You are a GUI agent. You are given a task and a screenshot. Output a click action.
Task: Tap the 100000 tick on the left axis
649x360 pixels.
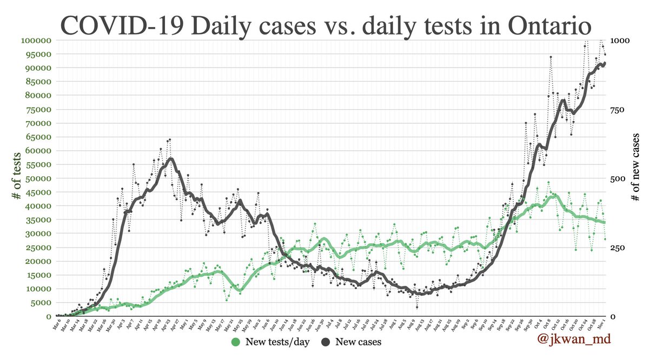(35, 41)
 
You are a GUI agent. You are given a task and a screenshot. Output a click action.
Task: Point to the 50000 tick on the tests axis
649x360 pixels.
(37, 178)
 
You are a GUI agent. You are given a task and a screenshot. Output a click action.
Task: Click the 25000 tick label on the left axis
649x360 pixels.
(37, 247)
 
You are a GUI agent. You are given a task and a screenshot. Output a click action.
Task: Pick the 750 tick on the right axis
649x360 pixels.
(618, 110)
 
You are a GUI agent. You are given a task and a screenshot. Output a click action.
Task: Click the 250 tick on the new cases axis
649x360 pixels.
(618, 248)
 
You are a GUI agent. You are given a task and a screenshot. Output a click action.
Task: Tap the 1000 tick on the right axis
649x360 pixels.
(619, 41)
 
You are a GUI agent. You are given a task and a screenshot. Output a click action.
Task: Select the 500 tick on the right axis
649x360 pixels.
(618, 178)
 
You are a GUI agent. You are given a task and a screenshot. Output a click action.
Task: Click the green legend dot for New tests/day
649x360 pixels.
(235, 342)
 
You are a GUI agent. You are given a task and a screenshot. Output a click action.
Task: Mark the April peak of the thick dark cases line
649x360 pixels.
(171, 158)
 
